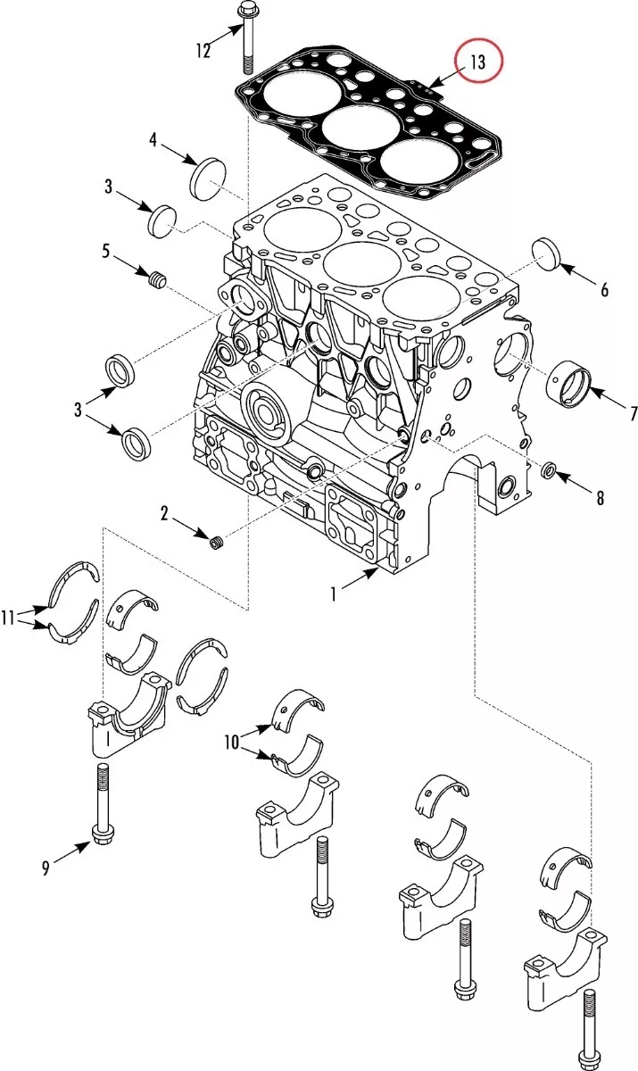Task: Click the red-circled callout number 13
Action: click(478, 62)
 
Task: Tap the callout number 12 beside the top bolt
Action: click(203, 50)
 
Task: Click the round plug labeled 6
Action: click(547, 253)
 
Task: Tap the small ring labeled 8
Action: click(548, 470)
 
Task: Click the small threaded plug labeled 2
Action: click(218, 544)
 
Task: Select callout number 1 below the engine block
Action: click(334, 594)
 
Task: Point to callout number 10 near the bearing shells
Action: click(232, 743)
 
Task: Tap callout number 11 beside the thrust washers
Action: click(8, 618)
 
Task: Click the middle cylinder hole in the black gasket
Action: click(360, 127)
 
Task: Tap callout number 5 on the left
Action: click(105, 250)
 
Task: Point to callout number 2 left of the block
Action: click(164, 514)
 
